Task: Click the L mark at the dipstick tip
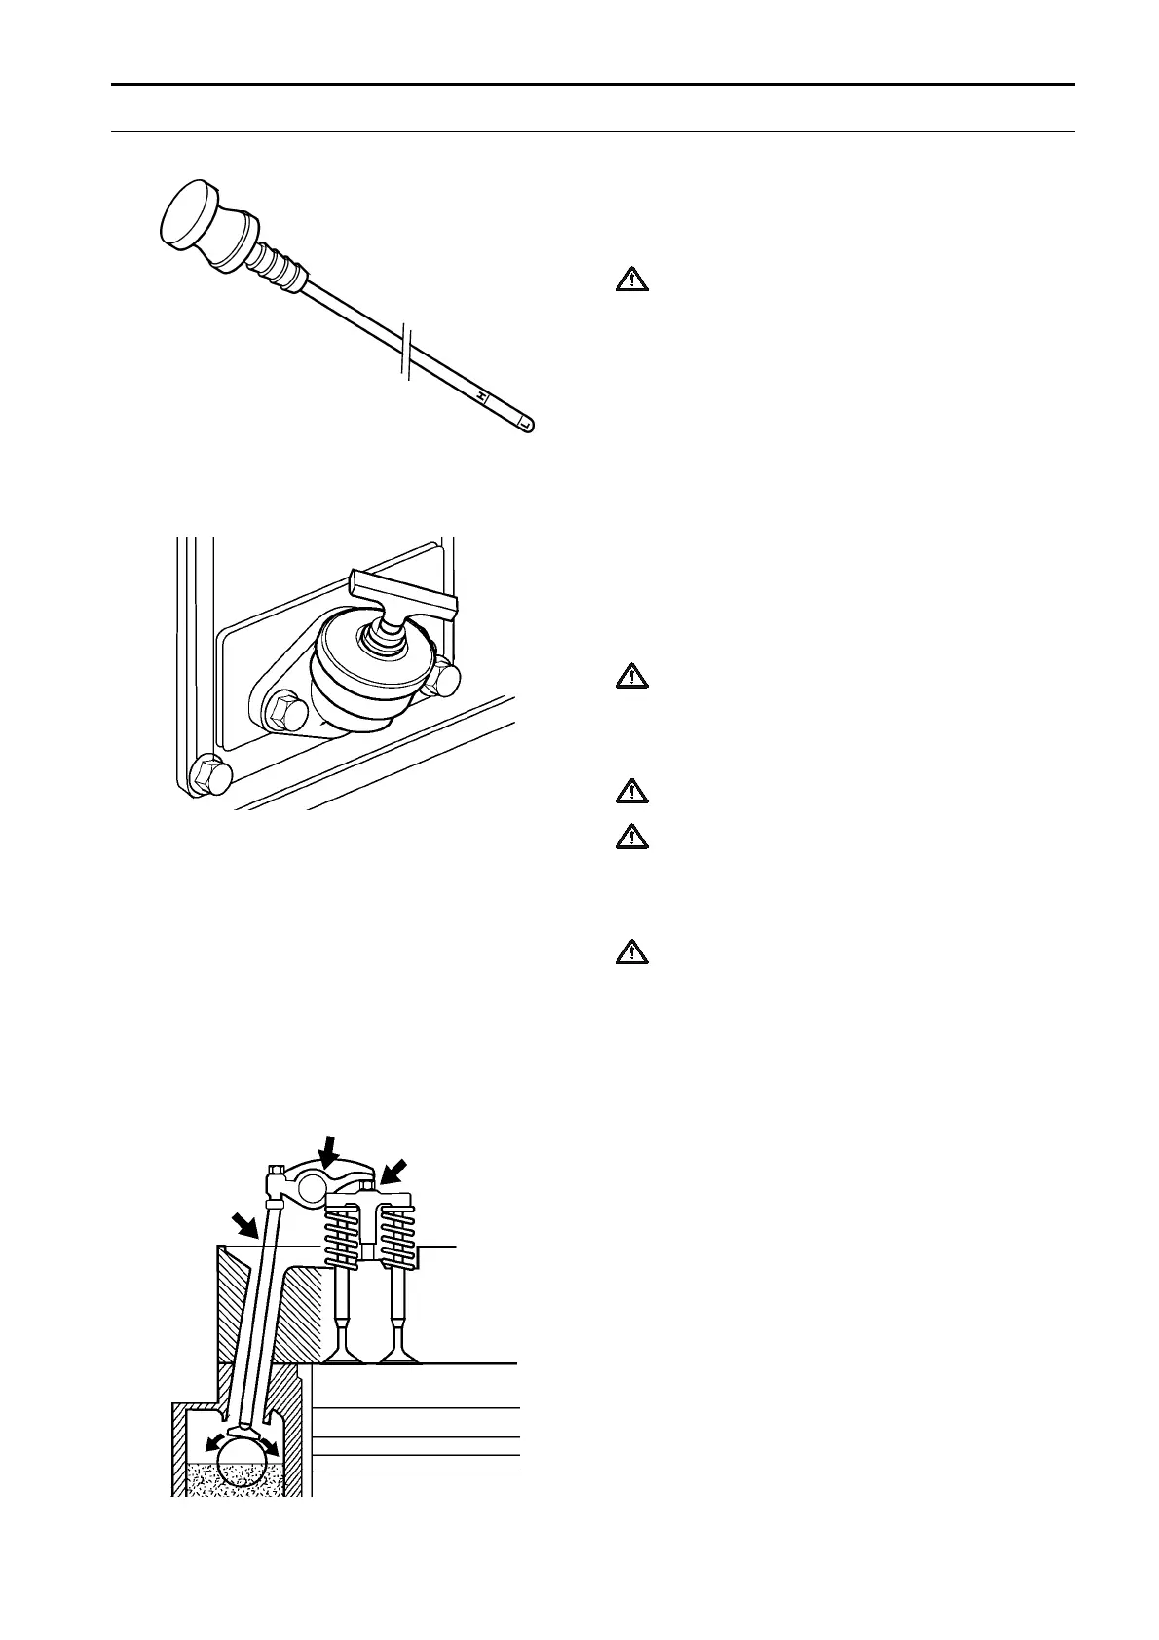[x=524, y=424]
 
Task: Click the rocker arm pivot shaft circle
[x=315, y=1185]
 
